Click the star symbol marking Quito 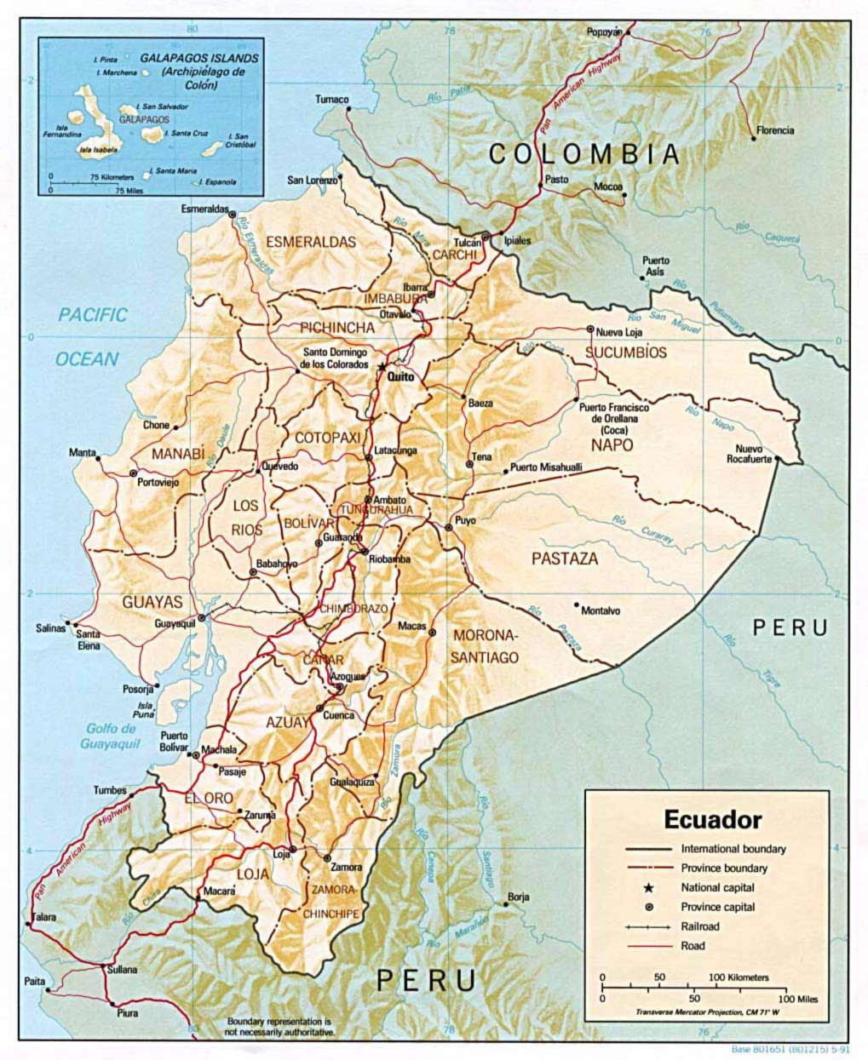(x=381, y=365)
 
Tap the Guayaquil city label (x=175, y=624)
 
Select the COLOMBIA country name (x=584, y=154)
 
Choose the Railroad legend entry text (x=699, y=926)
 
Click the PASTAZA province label (x=565, y=559)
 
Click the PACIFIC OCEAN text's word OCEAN (x=87, y=359)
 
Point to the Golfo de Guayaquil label (x=109, y=736)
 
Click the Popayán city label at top (x=604, y=32)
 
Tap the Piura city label (x=127, y=1013)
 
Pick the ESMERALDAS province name (x=310, y=242)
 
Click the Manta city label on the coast (x=83, y=452)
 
